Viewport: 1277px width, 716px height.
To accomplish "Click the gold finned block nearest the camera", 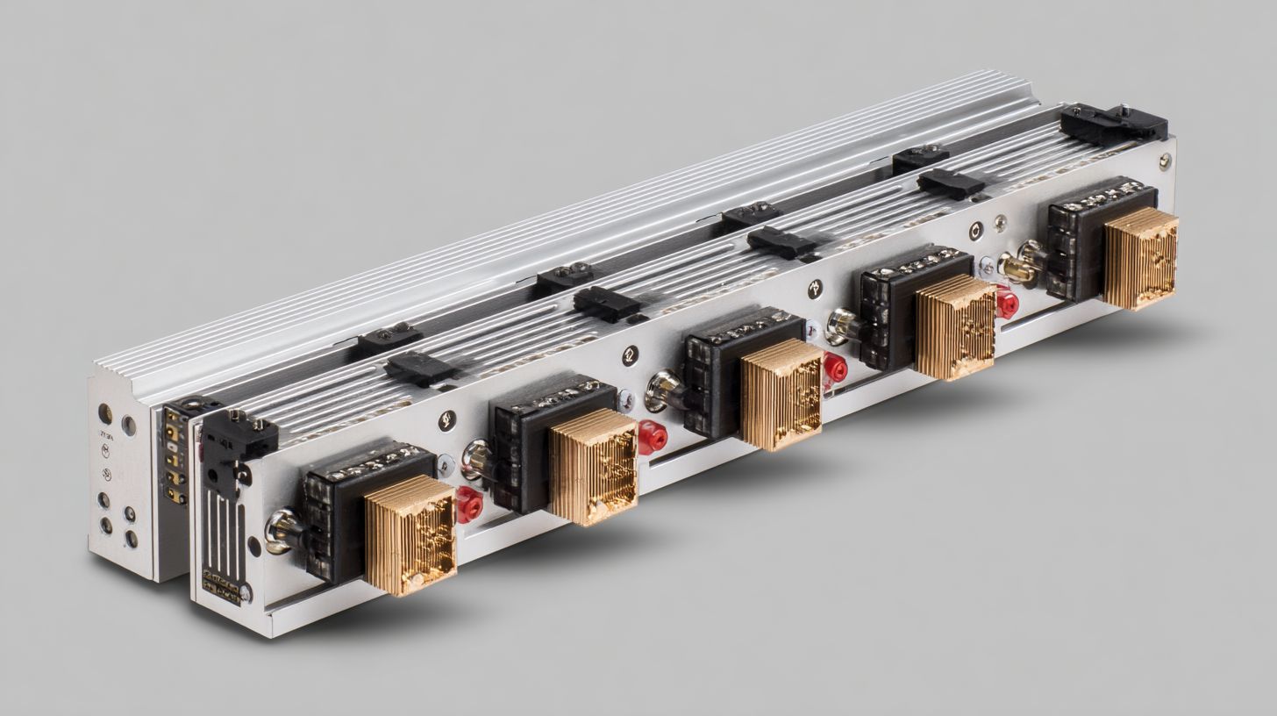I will [x=410, y=535].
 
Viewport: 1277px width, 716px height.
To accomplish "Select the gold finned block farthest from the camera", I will [x=1140, y=258].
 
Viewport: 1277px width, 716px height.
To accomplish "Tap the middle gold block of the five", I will [x=781, y=394].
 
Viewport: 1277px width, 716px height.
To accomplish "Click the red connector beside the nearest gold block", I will [x=468, y=505].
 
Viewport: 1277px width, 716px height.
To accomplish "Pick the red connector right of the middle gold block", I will [x=835, y=368].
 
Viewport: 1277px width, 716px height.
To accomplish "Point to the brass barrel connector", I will [x=1019, y=267].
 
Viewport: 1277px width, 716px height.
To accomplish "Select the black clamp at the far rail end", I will [x=1113, y=124].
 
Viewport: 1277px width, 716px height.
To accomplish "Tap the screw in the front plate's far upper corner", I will [x=1164, y=161].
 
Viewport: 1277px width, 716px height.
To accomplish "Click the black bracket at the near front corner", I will [x=237, y=439].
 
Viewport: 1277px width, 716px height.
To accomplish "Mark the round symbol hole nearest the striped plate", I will [x=447, y=420].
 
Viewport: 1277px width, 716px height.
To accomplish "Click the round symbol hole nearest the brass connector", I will [x=975, y=231].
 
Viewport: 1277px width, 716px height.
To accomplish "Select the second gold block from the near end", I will [x=593, y=466].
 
